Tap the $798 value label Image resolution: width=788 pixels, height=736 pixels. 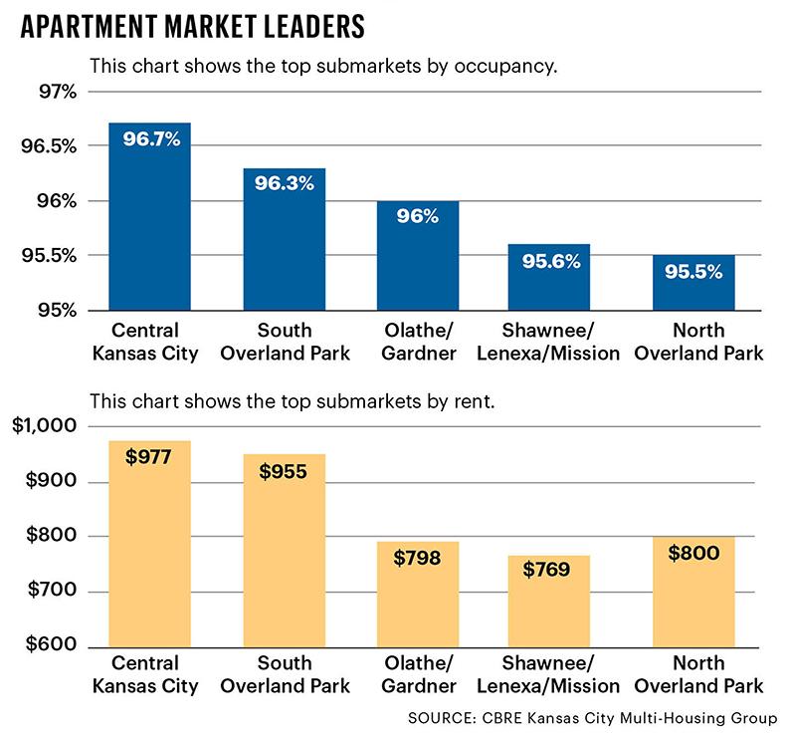[417, 558]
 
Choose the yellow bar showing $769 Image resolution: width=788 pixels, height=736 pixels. [549, 613]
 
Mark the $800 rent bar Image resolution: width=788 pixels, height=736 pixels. [693, 598]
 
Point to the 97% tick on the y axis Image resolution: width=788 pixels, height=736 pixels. [56, 92]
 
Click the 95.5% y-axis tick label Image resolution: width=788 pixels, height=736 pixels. [47, 256]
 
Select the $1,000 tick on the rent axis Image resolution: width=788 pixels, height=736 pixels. [46, 426]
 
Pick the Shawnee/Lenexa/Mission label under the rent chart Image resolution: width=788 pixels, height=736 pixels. [549, 674]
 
